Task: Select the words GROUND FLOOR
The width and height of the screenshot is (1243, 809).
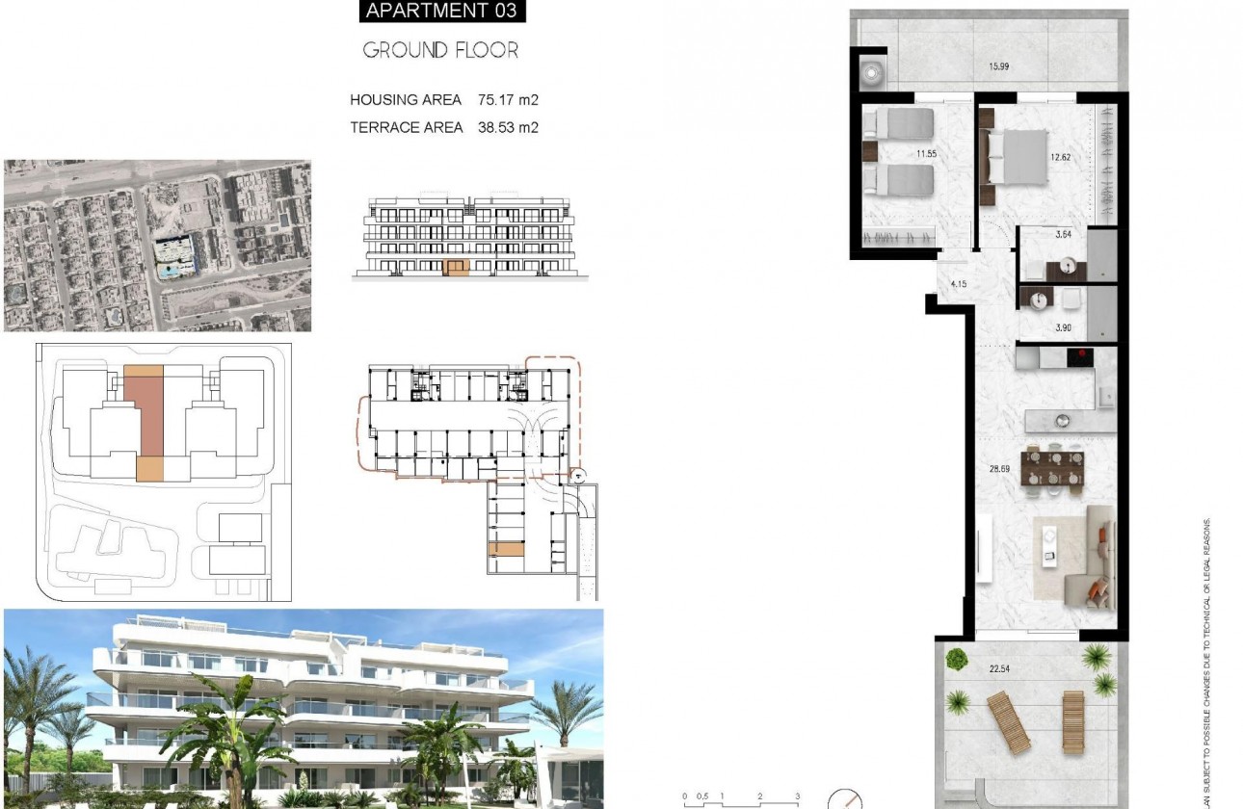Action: point(440,50)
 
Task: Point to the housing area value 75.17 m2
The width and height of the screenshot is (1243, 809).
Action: point(508,99)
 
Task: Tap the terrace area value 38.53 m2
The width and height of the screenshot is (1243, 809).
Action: point(508,127)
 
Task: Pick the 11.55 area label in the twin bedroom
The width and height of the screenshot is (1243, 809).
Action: point(927,153)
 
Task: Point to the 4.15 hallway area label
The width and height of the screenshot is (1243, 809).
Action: point(958,284)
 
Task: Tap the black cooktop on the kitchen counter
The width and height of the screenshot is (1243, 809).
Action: point(1080,358)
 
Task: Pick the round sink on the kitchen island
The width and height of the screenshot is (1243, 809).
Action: point(1063,420)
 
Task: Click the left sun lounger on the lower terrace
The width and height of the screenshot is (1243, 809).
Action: point(1008,721)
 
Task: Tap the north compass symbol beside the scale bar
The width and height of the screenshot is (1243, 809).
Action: point(845,800)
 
